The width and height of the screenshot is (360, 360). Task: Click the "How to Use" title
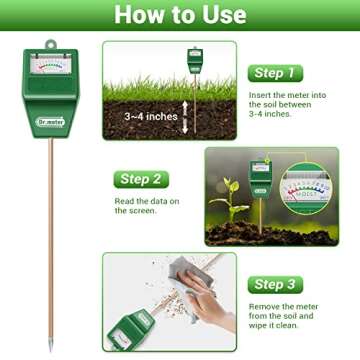tap(180, 14)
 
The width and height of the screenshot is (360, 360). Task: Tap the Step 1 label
tap(275, 73)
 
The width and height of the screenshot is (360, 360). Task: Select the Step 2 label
tap(140, 180)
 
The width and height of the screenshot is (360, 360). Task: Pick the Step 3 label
tap(275, 285)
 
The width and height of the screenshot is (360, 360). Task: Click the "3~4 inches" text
tap(151, 117)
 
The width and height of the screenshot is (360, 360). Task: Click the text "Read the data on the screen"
tap(146, 206)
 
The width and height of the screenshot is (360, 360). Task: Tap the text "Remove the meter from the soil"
tap(285, 312)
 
